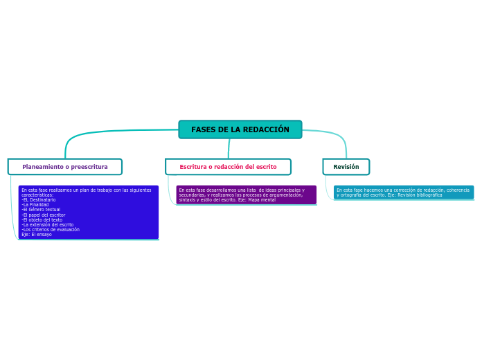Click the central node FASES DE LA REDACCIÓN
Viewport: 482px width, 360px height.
(240, 129)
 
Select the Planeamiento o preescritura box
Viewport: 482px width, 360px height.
(65, 167)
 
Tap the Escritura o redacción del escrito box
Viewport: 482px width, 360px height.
(228, 167)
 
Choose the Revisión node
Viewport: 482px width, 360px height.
(346, 167)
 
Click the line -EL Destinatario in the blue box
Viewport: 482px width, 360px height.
(39, 200)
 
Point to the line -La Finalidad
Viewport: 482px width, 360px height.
(35, 205)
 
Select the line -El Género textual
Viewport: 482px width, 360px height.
(41, 210)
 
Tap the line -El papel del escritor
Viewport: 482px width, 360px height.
(44, 215)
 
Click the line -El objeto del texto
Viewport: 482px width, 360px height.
(42, 219)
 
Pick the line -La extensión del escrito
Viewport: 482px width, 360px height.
(48, 224)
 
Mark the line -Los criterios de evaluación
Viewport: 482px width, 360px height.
(51, 229)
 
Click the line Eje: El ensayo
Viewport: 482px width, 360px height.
(37, 235)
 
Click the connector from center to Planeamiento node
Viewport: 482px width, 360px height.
(104, 132)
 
